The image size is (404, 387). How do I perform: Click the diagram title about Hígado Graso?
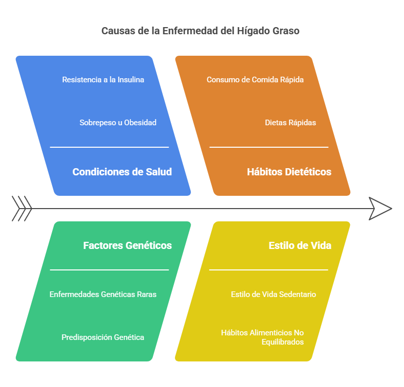click(x=200, y=31)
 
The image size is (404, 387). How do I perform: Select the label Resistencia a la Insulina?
click(x=103, y=80)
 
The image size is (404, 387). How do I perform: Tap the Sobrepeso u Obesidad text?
click(x=118, y=123)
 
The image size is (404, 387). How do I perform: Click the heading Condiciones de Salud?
click(x=122, y=172)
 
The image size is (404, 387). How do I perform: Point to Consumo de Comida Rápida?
click(x=255, y=80)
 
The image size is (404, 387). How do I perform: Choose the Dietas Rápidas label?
click(x=290, y=123)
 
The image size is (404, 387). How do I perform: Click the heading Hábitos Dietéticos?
click(x=289, y=172)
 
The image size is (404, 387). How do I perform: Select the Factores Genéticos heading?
click(x=127, y=245)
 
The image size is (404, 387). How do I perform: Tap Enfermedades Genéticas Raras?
click(x=103, y=294)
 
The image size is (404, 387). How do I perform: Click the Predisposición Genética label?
click(x=103, y=337)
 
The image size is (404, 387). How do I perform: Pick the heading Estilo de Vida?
click(x=300, y=245)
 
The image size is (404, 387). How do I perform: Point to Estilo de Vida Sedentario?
click(x=273, y=294)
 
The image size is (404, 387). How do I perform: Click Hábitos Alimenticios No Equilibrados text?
click(x=262, y=337)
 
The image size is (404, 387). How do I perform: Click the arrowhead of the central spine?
click(x=380, y=209)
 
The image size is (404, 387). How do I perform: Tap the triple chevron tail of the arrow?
click(x=21, y=209)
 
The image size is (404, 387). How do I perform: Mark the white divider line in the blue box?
click(x=109, y=147)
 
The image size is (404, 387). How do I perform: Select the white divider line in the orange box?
click(x=268, y=147)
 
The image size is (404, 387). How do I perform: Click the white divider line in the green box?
click(x=109, y=270)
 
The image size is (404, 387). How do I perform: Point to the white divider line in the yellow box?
click(x=268, y=270)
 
